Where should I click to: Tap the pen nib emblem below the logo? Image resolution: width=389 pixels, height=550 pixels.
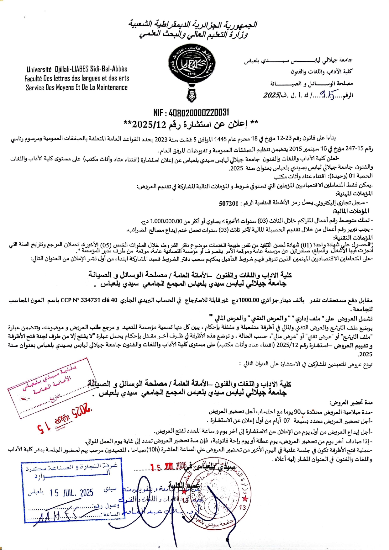pyautogui.click(x=192, y=96)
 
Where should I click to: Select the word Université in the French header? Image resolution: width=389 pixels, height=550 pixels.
pyautogui.click(x=39, y=69)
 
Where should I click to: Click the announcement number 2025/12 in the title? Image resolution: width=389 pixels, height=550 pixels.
pyautogui.click(x=149, y=124)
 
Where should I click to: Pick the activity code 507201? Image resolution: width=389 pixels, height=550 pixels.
pyautogui.click(x=229, y=204)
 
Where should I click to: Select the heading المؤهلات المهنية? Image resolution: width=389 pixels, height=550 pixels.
pyautogui.click(x=354, y=194)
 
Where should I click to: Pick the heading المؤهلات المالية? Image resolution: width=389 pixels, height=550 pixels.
pyautogui.click(x=351, y=211)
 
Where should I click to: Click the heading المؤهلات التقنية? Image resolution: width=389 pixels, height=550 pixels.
pyautogui.click(x=353, y=238)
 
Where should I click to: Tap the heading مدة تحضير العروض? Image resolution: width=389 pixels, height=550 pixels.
pyautogui.click(x=351, y=402)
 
